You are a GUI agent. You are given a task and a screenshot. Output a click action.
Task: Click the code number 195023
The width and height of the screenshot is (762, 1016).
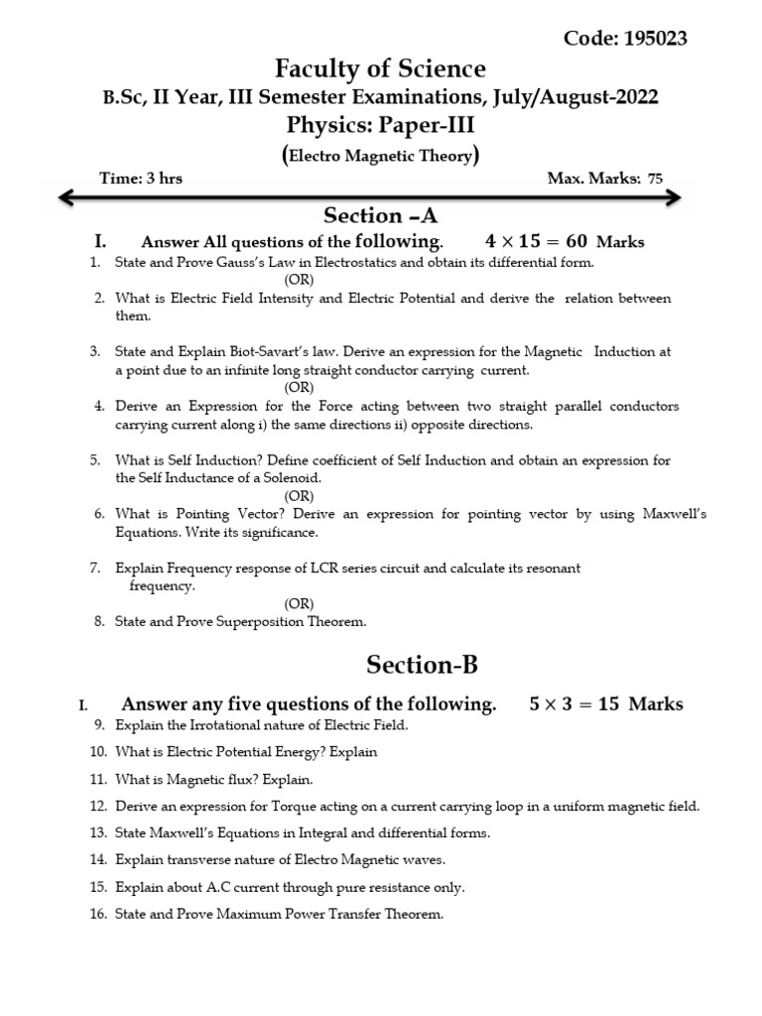655,39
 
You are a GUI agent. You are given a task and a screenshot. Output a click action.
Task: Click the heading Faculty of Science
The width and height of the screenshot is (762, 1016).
381,68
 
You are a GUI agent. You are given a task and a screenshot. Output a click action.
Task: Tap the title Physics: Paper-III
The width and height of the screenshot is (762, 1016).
381,125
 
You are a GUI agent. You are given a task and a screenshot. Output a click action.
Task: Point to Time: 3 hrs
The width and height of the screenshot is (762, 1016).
141,179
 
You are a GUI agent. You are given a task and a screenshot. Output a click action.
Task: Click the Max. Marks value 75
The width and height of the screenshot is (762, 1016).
655,180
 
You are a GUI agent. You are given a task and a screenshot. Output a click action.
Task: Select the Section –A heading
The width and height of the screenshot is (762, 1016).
381,216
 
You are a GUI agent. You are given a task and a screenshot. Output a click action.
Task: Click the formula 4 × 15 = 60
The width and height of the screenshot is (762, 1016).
537,242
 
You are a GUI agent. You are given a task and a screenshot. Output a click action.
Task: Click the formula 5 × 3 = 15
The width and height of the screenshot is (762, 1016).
575,704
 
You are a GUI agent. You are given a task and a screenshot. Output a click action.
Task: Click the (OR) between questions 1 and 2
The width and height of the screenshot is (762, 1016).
300,280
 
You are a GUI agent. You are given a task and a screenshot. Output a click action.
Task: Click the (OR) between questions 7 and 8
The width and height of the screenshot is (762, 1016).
300,603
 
